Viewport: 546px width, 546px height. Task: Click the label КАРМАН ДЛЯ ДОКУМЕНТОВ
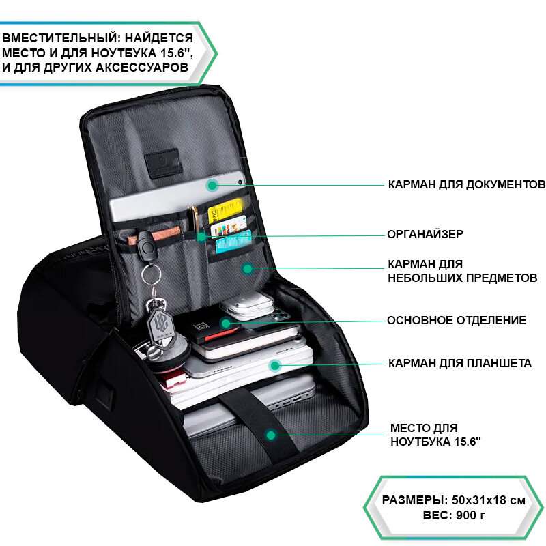pyautogui.click(x=466, y=184)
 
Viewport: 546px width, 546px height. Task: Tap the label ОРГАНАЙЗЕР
pyautogui.click(x=425, y=234)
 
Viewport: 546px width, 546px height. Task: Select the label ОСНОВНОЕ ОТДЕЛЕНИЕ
pyautogui.click(x=457, y=320)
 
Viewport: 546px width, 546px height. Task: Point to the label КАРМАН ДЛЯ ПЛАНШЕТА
pyautogui.click(x=459, y=363)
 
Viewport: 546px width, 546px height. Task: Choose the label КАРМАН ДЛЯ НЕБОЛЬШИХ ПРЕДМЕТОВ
pyautogui.click(x=462, y=271)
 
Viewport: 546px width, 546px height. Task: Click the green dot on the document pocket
pyautogui.click(x=212, y=185)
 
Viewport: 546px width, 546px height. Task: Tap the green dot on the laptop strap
pyautogui.click(x=271, y=435)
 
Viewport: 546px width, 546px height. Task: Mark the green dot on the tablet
pyautogui.click(x=274, y=366)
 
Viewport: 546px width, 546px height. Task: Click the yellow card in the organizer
pyautogui.click(x=225, y=208)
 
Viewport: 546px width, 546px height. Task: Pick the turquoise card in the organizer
pyautogui.click(x=233, y=242)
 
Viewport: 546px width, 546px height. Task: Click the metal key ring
pyautogui.click(x=152, y=274)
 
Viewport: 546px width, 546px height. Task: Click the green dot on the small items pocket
pyautogui.click(x=248, y=268)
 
